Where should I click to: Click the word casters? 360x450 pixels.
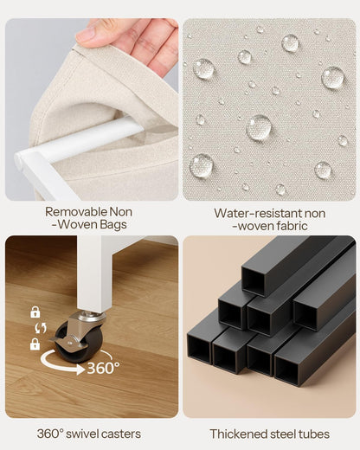point(122,434)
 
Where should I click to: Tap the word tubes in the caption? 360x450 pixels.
point(314,434)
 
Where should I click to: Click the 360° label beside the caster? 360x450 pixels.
point(103,368)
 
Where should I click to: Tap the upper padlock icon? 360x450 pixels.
point(35,312)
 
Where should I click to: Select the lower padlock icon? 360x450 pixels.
point(35,344)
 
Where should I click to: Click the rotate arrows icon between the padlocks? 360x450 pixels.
point(41,328)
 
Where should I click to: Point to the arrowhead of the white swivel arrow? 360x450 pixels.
point(81,369)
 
